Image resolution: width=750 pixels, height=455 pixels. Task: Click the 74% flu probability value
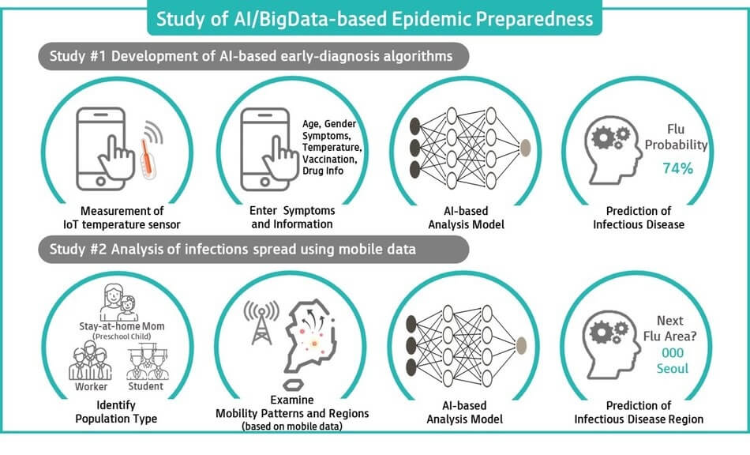[x=678, y=168]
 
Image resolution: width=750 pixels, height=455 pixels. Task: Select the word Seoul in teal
[x=673, y=369]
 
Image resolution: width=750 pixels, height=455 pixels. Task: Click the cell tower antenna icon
[x=261, y=322]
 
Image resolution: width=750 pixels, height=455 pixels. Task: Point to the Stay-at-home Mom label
[x=122, y=326]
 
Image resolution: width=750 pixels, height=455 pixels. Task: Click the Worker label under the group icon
[x=92, y=386]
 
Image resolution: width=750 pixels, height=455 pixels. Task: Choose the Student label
[x=146, y=386]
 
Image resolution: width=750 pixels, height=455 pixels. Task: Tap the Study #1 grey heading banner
[x=253, y=56]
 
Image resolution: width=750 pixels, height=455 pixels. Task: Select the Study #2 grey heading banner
[x=253, y=250]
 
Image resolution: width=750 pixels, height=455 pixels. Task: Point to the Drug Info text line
[x=323, y=171]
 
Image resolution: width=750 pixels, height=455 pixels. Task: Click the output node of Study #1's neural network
[x=525, y=148]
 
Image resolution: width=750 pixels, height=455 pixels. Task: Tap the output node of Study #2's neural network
[x=521, y=345]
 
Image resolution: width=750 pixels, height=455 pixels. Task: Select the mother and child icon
[x=119, y=303]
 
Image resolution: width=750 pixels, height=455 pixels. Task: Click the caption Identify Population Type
[x=116, y=412]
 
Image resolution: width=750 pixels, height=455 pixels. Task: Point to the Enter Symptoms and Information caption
[x=292, y=217]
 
